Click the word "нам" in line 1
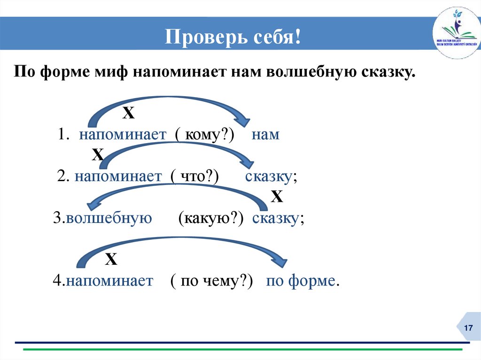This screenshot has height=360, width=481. click(x=265, y=135)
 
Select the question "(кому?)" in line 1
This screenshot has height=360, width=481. click(x=205, y=135)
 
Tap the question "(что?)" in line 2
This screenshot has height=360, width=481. click(x=194, y=176)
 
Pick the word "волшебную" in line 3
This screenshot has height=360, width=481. click(x=109, y=218)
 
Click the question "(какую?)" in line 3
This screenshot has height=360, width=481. click(x=209, y=218)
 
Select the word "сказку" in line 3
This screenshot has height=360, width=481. click(x=276, y=218)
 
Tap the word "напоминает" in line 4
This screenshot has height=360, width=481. click(x=109, y=281)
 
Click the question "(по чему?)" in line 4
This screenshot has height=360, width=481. click(x=212, y=281)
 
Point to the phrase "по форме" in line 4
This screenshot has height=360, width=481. click(x=301, y=281)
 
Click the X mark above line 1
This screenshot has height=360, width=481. click(x=128, y=113)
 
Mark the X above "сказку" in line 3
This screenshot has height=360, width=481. click(x=277, y=197)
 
